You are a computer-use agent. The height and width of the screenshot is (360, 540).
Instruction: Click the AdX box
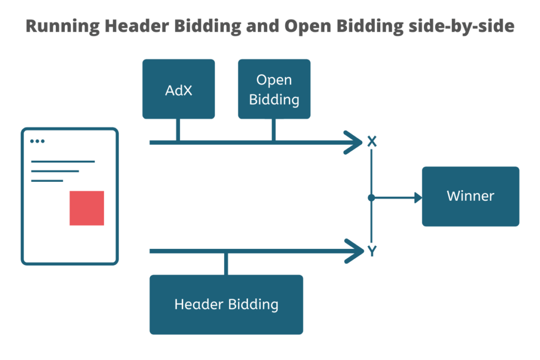pyautogui.click(x=178, y=89)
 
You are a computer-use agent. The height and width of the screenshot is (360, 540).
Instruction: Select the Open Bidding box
pyautogui.click(x=274, y=89)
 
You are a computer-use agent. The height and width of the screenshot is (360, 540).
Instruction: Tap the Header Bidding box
pyautogui.click(x=226, y=304)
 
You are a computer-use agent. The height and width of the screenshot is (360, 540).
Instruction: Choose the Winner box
pyautogui.click(x=470, y=196)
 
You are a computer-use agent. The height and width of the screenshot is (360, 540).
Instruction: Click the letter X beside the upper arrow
pyautogui.click(x=372, y=141)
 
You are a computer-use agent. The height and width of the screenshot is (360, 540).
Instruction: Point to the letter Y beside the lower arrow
pyautogui.click(x=372, y=251)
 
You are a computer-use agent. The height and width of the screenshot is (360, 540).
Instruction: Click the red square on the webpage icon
pyautogui.click(x=86, y=208)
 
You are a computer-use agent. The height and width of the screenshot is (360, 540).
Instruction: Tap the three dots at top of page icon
pyautogui.click(x=37, y=141)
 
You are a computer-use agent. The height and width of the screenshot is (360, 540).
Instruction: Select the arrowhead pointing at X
pyautogui.click(x=353, y=142)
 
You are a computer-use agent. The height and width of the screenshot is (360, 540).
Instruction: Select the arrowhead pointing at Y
pyautogui.click(x=353, y=251)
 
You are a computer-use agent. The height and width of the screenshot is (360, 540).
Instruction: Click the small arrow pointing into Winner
pyautogui.click(x=419, y=198)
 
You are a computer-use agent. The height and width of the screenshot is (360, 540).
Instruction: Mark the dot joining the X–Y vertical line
pyautogui.click(x=371, y=198)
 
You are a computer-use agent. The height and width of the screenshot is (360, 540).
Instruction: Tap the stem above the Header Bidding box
pyautogui.click(x=226, y=264)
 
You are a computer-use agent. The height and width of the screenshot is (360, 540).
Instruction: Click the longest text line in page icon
pyautogui.click(x=63, y=161)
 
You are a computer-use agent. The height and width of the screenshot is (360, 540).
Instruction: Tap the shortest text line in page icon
pyautogui.click(x=47, y=181)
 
